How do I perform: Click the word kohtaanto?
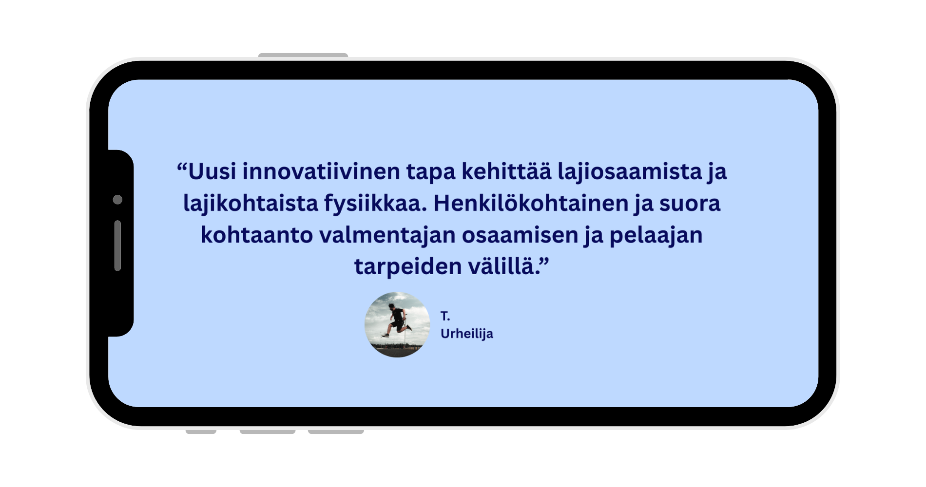pyautogui.click(x=257, y=235)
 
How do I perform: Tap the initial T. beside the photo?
pyautogui.click(x=445, y=316)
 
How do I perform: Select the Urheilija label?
pyautogui.click(x=467, y=334)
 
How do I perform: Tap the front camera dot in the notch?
pyautogui.click(x=117, y=200)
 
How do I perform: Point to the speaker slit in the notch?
pyautogui.click(x=117, y=245)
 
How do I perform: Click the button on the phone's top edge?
pyautogui.click(x=303, y=55)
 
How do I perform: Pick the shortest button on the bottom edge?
pyautogui.click(x=201, y=431)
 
